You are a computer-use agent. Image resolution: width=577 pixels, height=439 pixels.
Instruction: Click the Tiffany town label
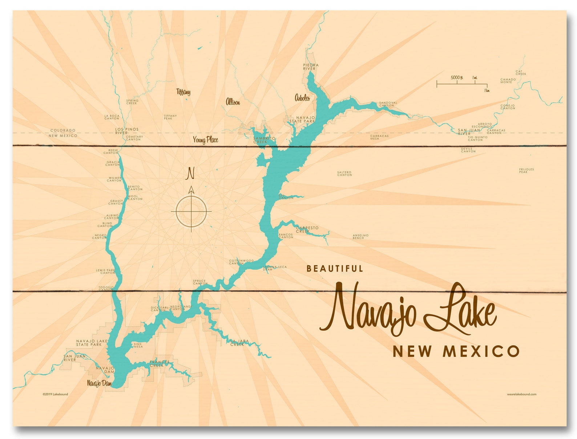click(183, 92)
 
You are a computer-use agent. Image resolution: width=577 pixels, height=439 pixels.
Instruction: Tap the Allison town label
click(233, 102)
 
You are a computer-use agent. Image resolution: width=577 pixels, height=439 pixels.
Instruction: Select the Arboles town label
click(302, 97)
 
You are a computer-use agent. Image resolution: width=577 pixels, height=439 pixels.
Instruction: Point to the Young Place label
click(205, 140)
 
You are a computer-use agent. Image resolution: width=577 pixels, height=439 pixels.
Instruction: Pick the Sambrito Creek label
click(264, 140)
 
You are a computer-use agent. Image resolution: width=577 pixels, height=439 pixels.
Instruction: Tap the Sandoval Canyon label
click(388, 104)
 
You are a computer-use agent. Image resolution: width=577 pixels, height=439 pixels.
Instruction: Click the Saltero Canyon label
click(344, 173)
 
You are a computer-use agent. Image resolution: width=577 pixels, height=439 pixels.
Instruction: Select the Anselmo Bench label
click(360, 237)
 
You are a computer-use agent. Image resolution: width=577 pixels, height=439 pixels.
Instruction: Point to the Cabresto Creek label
click(307, 229)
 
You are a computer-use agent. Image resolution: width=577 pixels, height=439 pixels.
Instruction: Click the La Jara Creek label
click(239, 343)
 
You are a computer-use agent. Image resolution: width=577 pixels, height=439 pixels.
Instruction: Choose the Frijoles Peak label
click(526, 170)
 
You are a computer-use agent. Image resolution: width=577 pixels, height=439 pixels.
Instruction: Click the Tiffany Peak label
click(170, 117)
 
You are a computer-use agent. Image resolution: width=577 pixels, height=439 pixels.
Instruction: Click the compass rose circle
click(191, 211)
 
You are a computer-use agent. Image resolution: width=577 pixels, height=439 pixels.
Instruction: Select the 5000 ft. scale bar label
click(456, 77)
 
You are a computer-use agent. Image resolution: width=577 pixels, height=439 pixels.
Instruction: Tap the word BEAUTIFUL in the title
click(335, 269)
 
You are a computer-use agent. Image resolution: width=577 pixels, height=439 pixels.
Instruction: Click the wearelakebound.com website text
click(521, 394)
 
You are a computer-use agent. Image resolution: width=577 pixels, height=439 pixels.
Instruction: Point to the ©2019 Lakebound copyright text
click(55, 394)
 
